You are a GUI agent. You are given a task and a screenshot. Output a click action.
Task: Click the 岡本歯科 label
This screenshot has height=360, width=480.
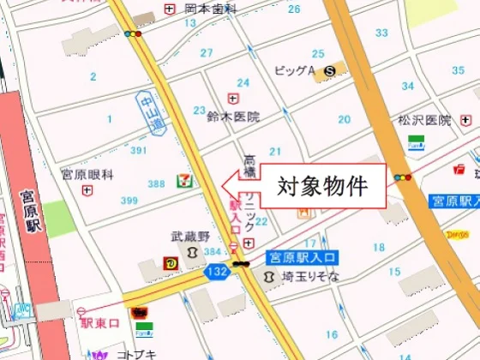point(209,9)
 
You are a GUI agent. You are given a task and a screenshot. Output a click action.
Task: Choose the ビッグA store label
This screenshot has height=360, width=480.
point(295,71)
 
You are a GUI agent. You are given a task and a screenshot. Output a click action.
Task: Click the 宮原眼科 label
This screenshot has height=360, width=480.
point(87,175)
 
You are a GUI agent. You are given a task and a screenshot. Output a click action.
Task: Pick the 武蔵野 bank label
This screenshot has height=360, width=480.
point(189,237)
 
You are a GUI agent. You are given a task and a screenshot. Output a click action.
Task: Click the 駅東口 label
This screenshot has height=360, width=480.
point(99,324)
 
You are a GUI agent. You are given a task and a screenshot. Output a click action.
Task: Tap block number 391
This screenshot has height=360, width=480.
point(139,150)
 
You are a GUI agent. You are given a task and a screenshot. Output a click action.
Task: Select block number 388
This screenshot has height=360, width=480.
point(156,183)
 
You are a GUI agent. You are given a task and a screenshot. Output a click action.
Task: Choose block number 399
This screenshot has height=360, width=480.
point(129,200)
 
